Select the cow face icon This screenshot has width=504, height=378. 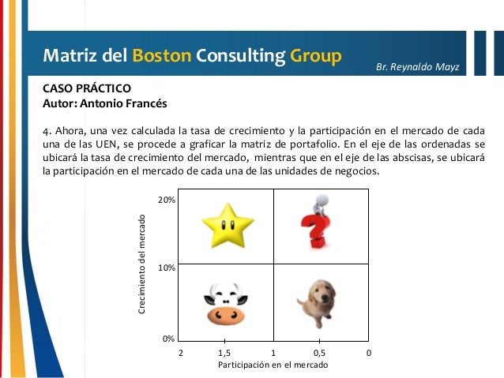point(225,303)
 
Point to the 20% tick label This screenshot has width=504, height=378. point(166,200)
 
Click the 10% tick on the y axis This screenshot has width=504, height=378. point(166,268)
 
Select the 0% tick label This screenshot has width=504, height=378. point(168,339)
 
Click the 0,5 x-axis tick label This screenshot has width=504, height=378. point(320,353)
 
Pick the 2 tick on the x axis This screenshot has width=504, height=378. point(180,353)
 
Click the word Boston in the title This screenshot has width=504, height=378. point(160,56)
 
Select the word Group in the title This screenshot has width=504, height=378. point(315,56)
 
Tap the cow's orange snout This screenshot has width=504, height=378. point(225,315)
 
